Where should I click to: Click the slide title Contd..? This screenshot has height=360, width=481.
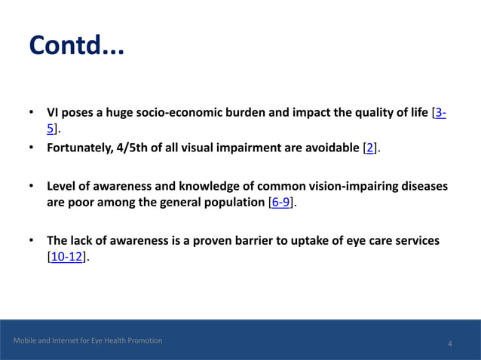point(75,47)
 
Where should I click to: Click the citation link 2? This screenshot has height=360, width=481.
point(369,148)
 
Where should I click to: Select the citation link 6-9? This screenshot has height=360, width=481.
point(280,203)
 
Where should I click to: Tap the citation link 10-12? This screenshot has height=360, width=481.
point(66,258)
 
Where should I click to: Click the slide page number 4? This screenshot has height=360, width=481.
point(449,344)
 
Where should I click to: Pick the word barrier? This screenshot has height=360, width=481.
point(268,240)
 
